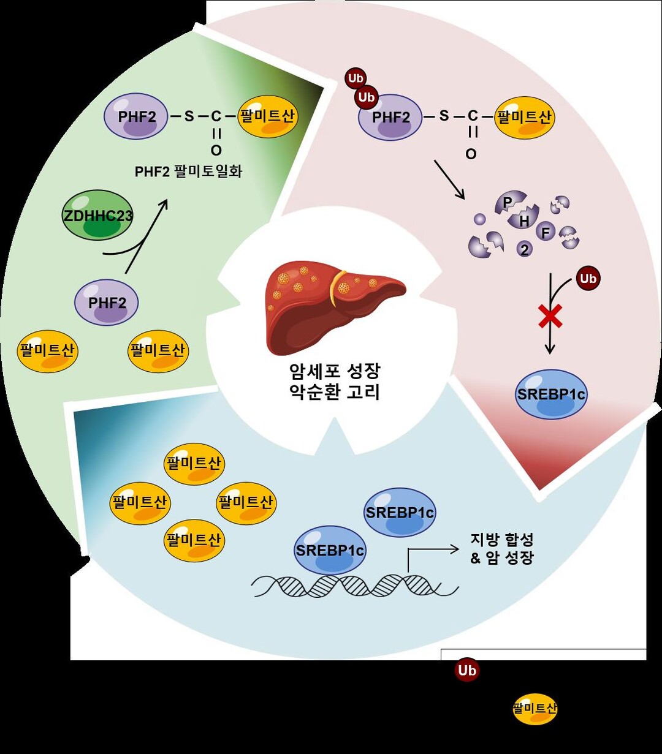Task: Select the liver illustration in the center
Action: [335, 307]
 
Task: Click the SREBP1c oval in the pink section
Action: [551, 394]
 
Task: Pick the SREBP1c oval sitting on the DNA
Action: [330, 549]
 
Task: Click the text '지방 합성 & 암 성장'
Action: [501, 549]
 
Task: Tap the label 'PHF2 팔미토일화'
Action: [189, 171]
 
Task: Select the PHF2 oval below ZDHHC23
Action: [107, 302]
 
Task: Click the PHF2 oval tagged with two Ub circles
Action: [390, 116]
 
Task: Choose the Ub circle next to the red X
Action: [588, 279]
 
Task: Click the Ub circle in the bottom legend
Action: [466, 671]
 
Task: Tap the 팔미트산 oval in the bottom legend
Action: [535, 709]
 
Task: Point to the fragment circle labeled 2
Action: [524, 249]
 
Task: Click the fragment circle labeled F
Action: [545, 232]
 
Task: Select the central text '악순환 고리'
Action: [334, 392]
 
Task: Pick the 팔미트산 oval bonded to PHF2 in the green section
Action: [267, 116]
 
